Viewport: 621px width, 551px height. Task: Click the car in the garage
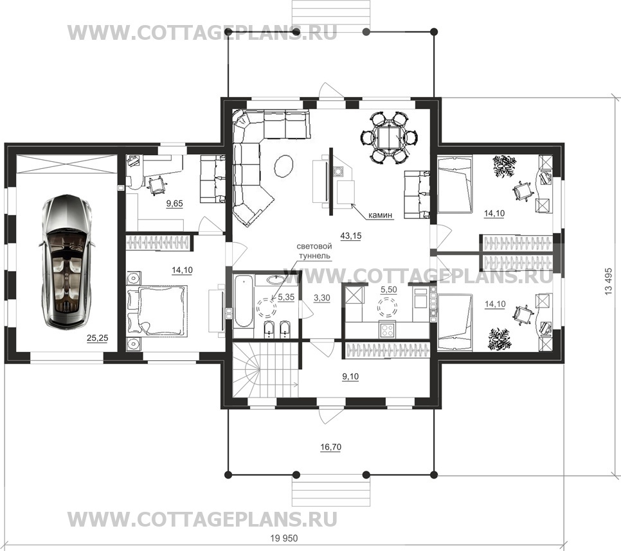click(x=67, y=261)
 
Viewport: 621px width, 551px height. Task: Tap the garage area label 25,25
click(x=98, y=338)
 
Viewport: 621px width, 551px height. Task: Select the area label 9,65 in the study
click(x=174, y=204)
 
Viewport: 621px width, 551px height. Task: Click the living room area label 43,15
click(x=351, y=236)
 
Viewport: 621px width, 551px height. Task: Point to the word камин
click(x=380, y=215)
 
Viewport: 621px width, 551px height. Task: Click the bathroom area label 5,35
click(x=286, y=297)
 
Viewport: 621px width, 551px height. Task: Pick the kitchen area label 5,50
click(x=388, y=290)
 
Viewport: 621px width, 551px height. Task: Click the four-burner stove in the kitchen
click(x=387, y=330)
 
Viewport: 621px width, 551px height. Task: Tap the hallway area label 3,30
click(x=321, y=298)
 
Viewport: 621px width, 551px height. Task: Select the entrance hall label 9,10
click(x=350, y=376)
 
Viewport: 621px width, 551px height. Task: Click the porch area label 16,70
click(x=330, y=448)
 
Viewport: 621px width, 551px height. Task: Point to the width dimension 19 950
click(x=284, y=538)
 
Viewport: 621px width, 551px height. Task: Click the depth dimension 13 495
click(x=608, y=281)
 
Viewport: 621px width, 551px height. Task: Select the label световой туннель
click(x=314, y=251)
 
